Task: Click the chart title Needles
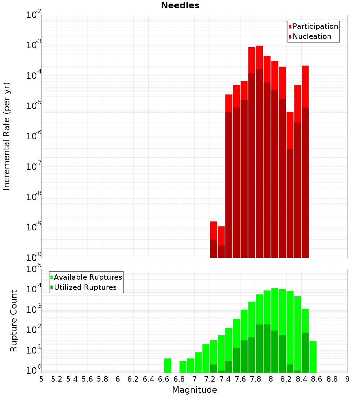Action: click(x=180, y=5)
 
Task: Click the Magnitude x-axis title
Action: click(x=194, y=390)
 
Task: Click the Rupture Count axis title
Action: click(x=14, y=321)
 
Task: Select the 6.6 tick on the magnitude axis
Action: click(x=164, y=379)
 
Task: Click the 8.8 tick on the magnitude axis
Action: click(x=332, y=379)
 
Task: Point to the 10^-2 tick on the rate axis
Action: click(x=34, y=15)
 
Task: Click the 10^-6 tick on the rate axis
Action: click(x=34, y=136)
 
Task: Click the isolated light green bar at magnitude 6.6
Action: click(x=167, y=365)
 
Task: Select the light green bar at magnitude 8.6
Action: click(x=313, y=357)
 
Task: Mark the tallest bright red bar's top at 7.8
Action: click(x=259, y=46)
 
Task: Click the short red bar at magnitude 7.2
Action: click(x=213, y=230)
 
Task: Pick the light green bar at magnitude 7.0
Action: click(x=198, y=362)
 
